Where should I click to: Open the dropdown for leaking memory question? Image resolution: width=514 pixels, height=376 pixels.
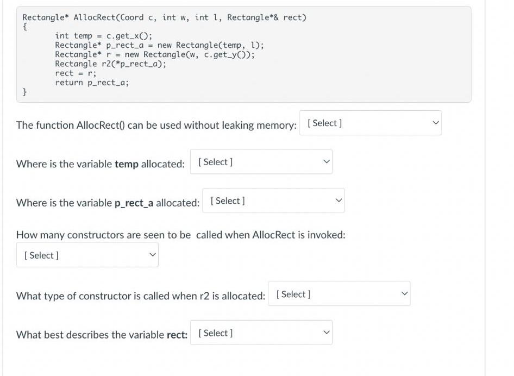click(x=370, y=123)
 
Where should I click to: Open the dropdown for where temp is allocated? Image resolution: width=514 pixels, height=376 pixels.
click(x=261, y=162)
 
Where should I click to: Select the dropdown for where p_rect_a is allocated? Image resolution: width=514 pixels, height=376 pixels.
click(x=273, y=200)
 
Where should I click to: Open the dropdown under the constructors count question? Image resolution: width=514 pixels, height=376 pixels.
click(x=87, y=255)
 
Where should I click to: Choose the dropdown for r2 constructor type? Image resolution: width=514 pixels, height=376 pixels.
click(x=339, y=294)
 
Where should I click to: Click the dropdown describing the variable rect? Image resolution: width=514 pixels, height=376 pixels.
click(x=261, y=333)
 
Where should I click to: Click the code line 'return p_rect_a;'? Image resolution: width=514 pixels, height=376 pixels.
click(x=92, y=83)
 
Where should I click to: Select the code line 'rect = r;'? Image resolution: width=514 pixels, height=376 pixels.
click(x=76, y=73)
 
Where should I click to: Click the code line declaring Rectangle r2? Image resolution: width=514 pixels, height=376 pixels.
click(x=110, y=64)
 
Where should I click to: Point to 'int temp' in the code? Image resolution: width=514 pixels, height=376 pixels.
click(x=73, y=36)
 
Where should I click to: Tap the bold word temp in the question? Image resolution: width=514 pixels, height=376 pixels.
click(x=127, y=164)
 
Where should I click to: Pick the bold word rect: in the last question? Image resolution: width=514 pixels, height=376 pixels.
click(x=177, y=335)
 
